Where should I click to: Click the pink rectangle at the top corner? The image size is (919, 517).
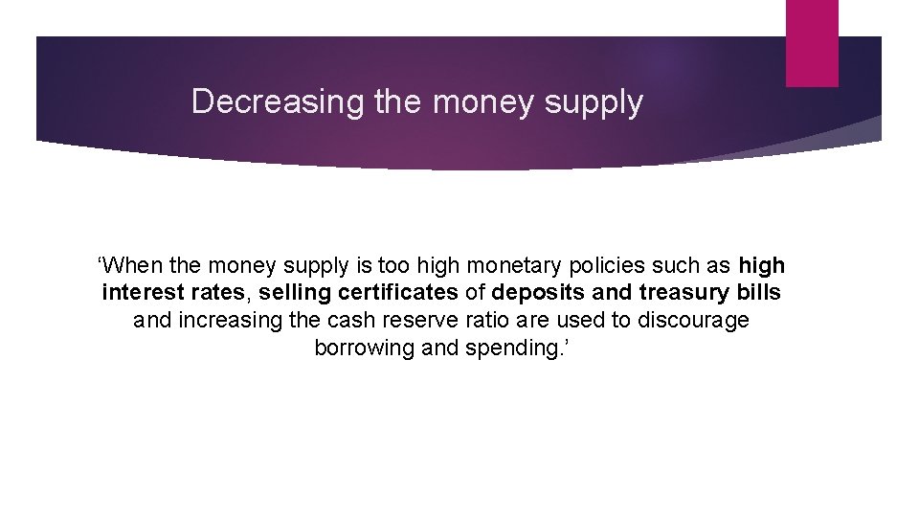pyautogui.click(x=811, y=43)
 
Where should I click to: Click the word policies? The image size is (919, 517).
pyautogui.click(x=601, y=265)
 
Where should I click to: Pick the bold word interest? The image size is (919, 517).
pyautogui.click(x=143, y=292)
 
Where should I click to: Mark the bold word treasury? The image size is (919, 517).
pyautogui.click(x=682, y=292)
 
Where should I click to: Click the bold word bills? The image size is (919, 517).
pyautogui.click(x=758, y=292)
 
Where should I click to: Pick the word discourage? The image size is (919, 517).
pyautogui.click(x=690, y=320)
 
